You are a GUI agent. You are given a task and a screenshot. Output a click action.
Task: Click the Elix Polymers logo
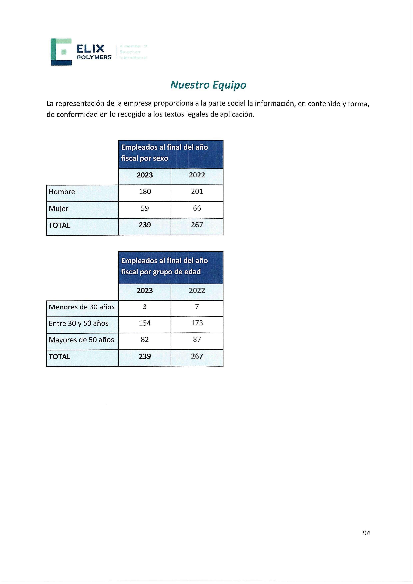81,52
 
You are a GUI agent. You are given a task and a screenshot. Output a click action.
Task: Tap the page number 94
366,533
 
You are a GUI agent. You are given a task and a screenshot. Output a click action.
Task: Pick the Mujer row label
58,209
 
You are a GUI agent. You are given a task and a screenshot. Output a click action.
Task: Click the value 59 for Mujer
145,208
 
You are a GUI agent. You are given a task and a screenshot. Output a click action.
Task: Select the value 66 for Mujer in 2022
197,208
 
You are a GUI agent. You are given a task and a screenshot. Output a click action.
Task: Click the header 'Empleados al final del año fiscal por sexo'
164,153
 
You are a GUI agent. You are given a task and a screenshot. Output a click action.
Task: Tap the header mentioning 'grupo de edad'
164,266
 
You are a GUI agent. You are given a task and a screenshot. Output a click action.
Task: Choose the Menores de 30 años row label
82,307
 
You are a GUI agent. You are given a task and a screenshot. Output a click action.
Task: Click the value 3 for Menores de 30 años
145,307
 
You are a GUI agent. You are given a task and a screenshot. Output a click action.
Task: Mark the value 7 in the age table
197,307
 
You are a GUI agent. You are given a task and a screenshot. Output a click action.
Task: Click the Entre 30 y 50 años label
79,323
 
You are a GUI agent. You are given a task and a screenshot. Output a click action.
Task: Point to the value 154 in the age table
145,323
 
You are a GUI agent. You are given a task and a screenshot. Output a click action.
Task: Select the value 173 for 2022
197,323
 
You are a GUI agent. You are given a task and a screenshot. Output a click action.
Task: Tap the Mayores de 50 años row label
81,340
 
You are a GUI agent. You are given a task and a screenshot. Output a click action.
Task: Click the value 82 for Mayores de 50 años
145,340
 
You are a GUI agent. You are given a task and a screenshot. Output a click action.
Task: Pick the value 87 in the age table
197,340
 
